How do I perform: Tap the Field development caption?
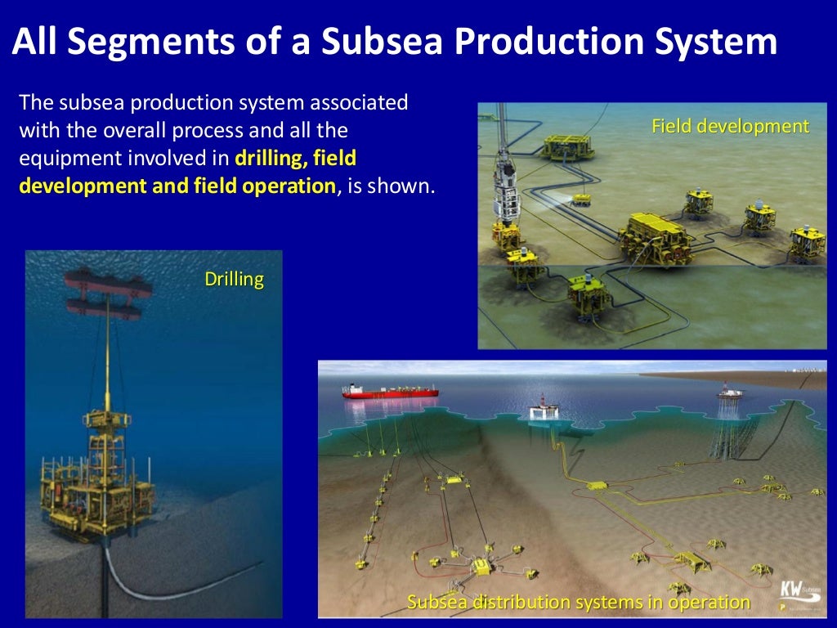730,126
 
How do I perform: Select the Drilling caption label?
234,280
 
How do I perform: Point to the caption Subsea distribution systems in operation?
578,603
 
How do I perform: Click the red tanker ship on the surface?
390,392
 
